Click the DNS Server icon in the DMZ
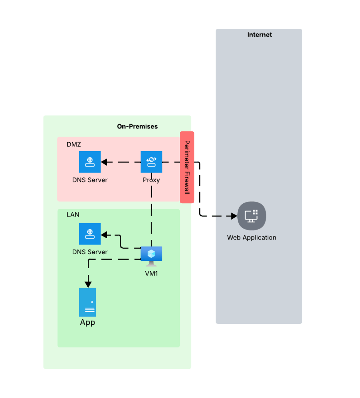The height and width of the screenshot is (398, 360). pyautogui.click(x=90, y=162)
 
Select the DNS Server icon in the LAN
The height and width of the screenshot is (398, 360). pyautogui.click(x=90, y=234)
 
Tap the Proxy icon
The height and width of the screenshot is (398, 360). pyautogui.click(x=151, y=162)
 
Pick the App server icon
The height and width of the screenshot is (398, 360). pyautogui.click(x=87, y=302)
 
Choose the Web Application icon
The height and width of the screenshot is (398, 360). pyautogui.click(x=251, y=216)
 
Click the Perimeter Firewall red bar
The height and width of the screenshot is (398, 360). pyautogui.click(x=187, y=167)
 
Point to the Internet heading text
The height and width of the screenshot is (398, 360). pyautogui.click(x=259, y=35)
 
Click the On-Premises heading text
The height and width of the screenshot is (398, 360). pyautogui.click(x=137, y=126)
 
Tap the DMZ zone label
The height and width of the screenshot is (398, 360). pyautogui.click(x=74, y=144)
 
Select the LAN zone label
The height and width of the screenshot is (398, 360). pyautogui.click(x=73, y=214)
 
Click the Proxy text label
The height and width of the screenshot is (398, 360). pyautogui.click(x=151, y=180)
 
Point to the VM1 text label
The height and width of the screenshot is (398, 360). pyautogui.click(x=151, y=273)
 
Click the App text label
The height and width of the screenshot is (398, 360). pyautogui.click(x=87, y=323)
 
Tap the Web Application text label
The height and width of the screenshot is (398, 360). pyautogui.click(x=252, y=237)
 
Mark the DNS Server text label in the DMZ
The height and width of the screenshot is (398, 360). pyautogui.click(x=90, y=180)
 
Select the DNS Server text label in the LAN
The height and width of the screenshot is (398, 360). pyautogui.click(x=90, y=252)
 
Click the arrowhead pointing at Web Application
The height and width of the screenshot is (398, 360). pyautogui.click(x=233, y=216)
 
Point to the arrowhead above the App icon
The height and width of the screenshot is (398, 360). pyautogui.click(x=88, y=284)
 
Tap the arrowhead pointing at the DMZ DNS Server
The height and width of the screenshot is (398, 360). pyautogui.click(x=104, y=162)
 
